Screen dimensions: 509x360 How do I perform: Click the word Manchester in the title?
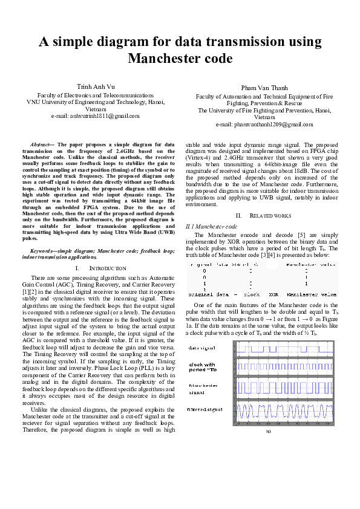[x=180, y=59]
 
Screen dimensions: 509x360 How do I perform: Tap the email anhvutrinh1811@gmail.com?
[x=96, y=115]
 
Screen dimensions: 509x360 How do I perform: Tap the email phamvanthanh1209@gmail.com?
[x=264, y=125]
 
